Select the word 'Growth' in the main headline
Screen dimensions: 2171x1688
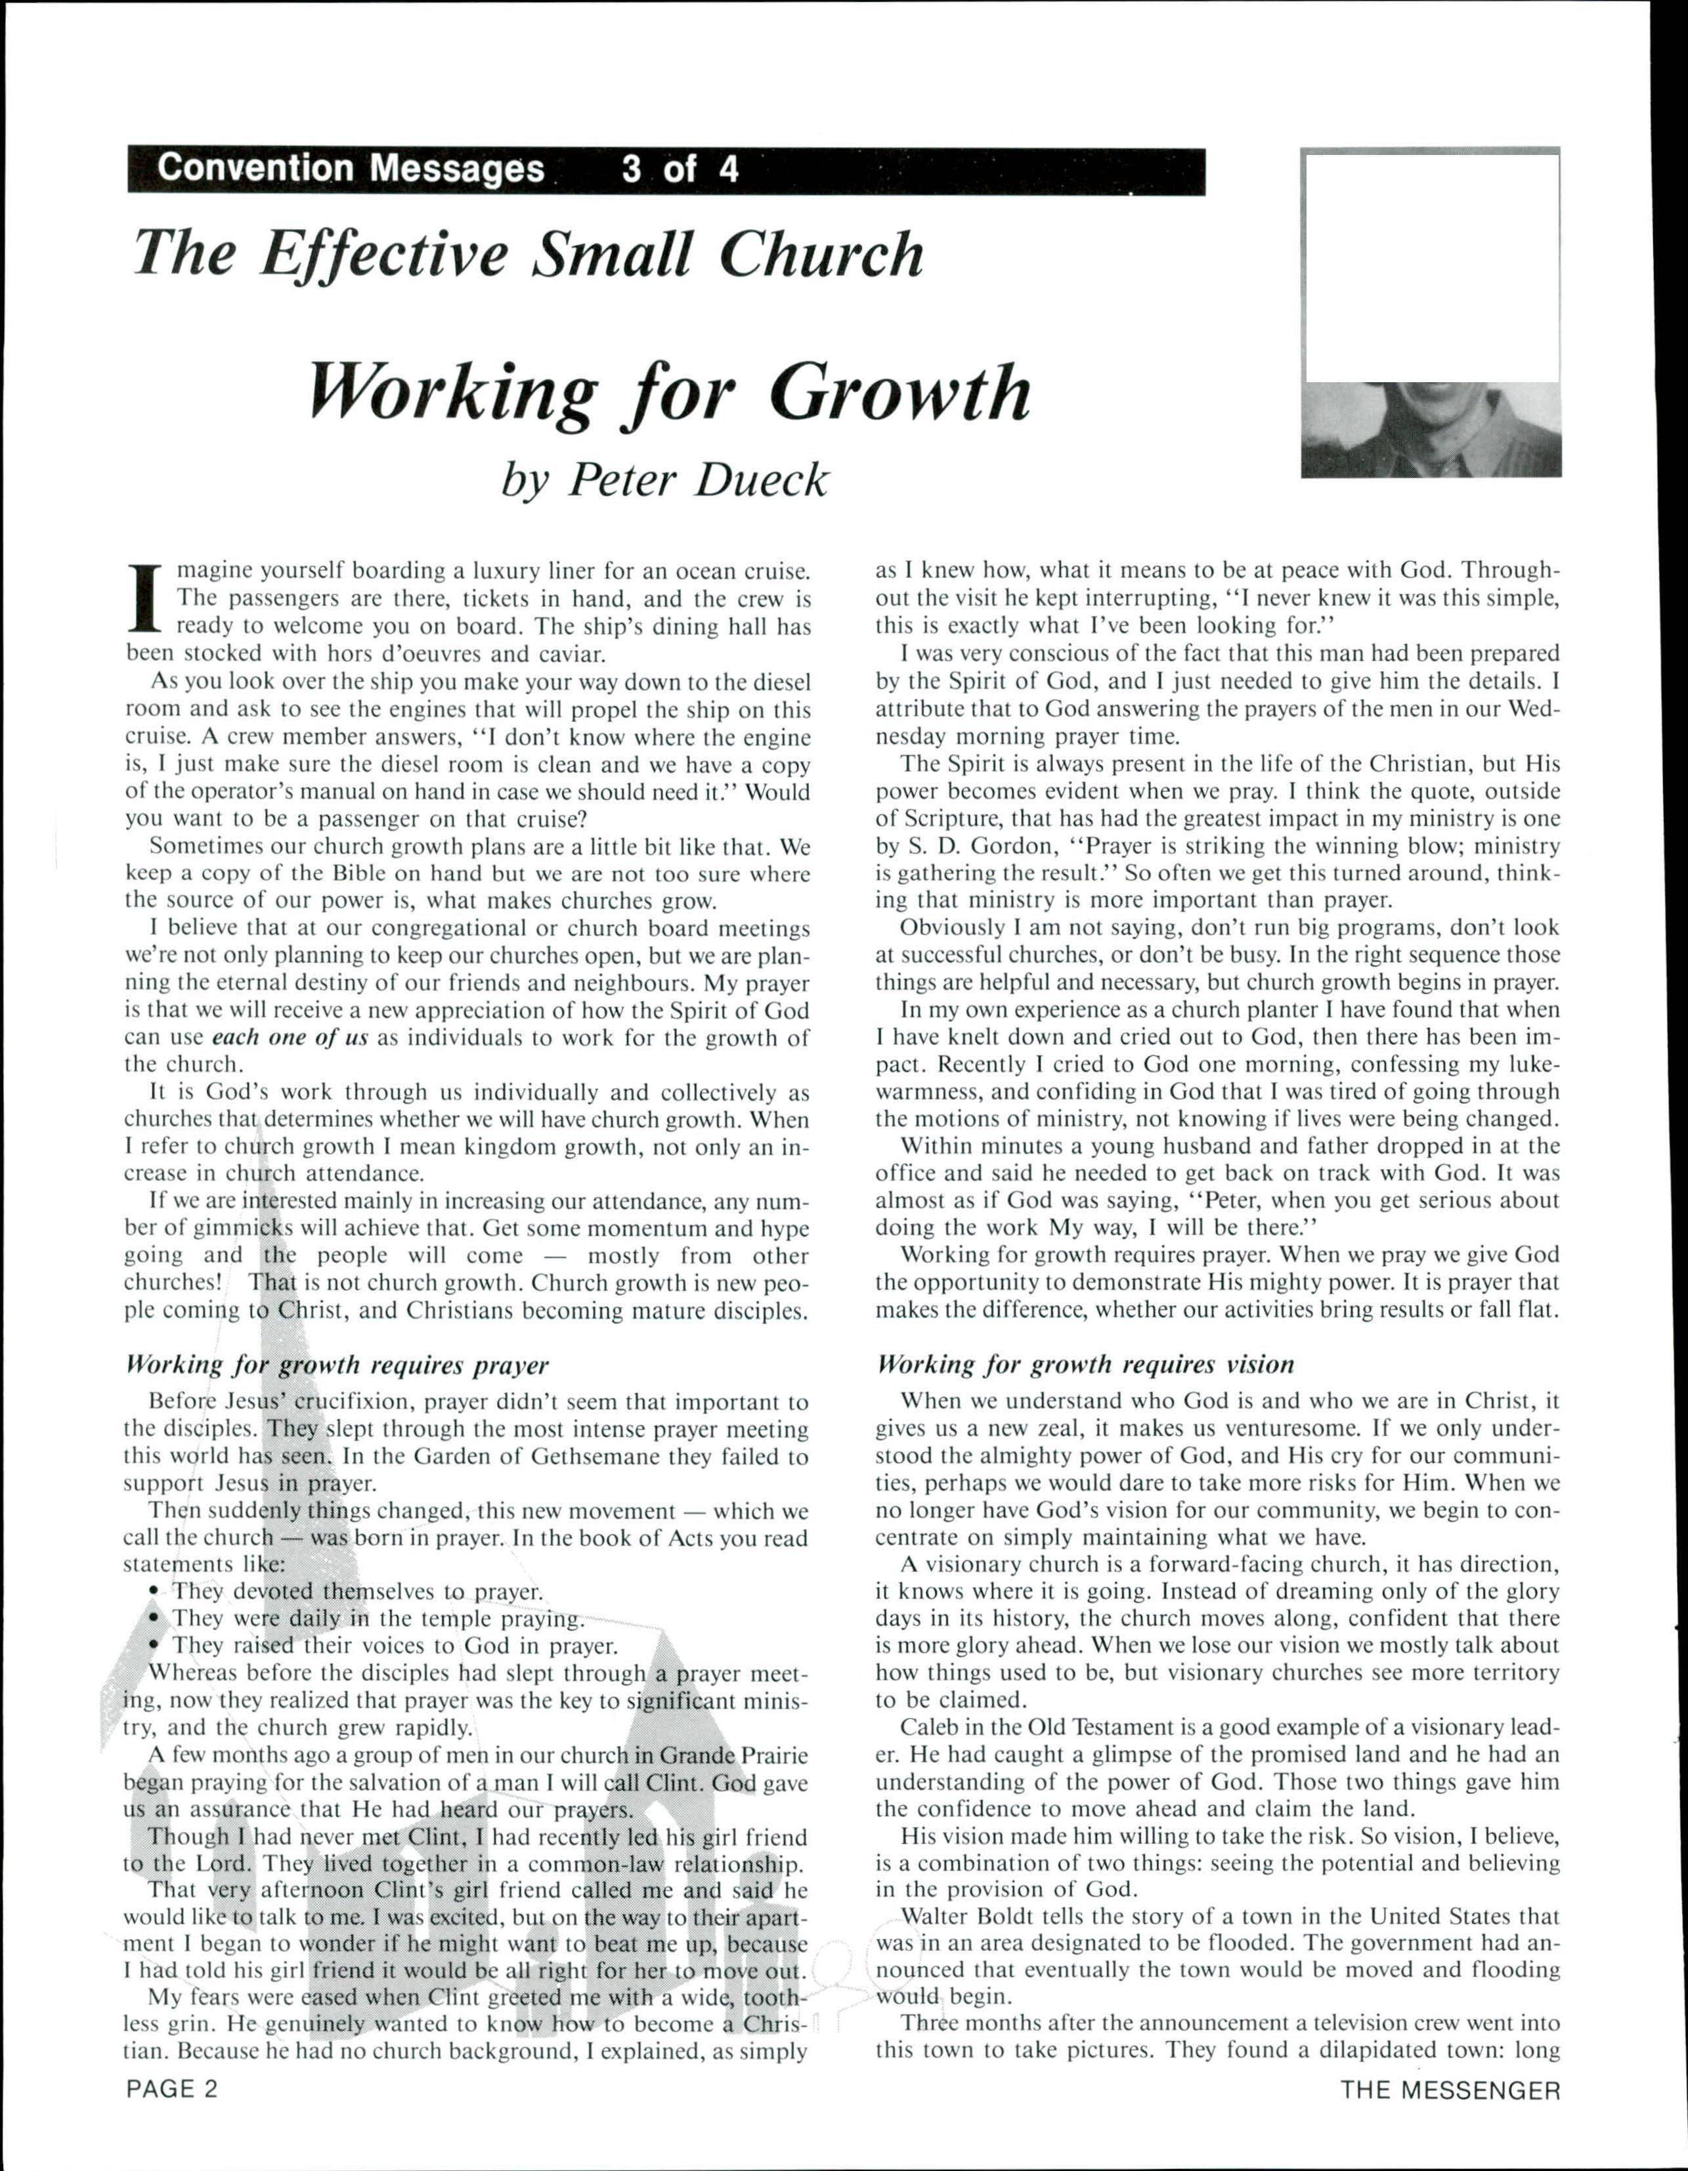[899, 393]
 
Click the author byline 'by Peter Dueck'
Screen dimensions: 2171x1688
[664, 480]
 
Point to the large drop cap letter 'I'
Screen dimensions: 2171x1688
[146, 600]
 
